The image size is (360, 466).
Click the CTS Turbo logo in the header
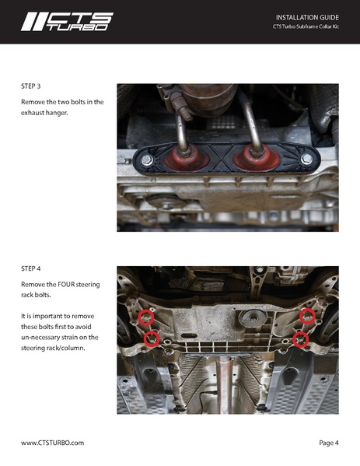pos(67,21)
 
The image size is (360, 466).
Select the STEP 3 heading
pos(33,87)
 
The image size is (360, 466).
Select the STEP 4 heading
pos(33,269)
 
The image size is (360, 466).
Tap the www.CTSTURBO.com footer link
pos(52,442)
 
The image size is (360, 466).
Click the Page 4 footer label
pos(328,442)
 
